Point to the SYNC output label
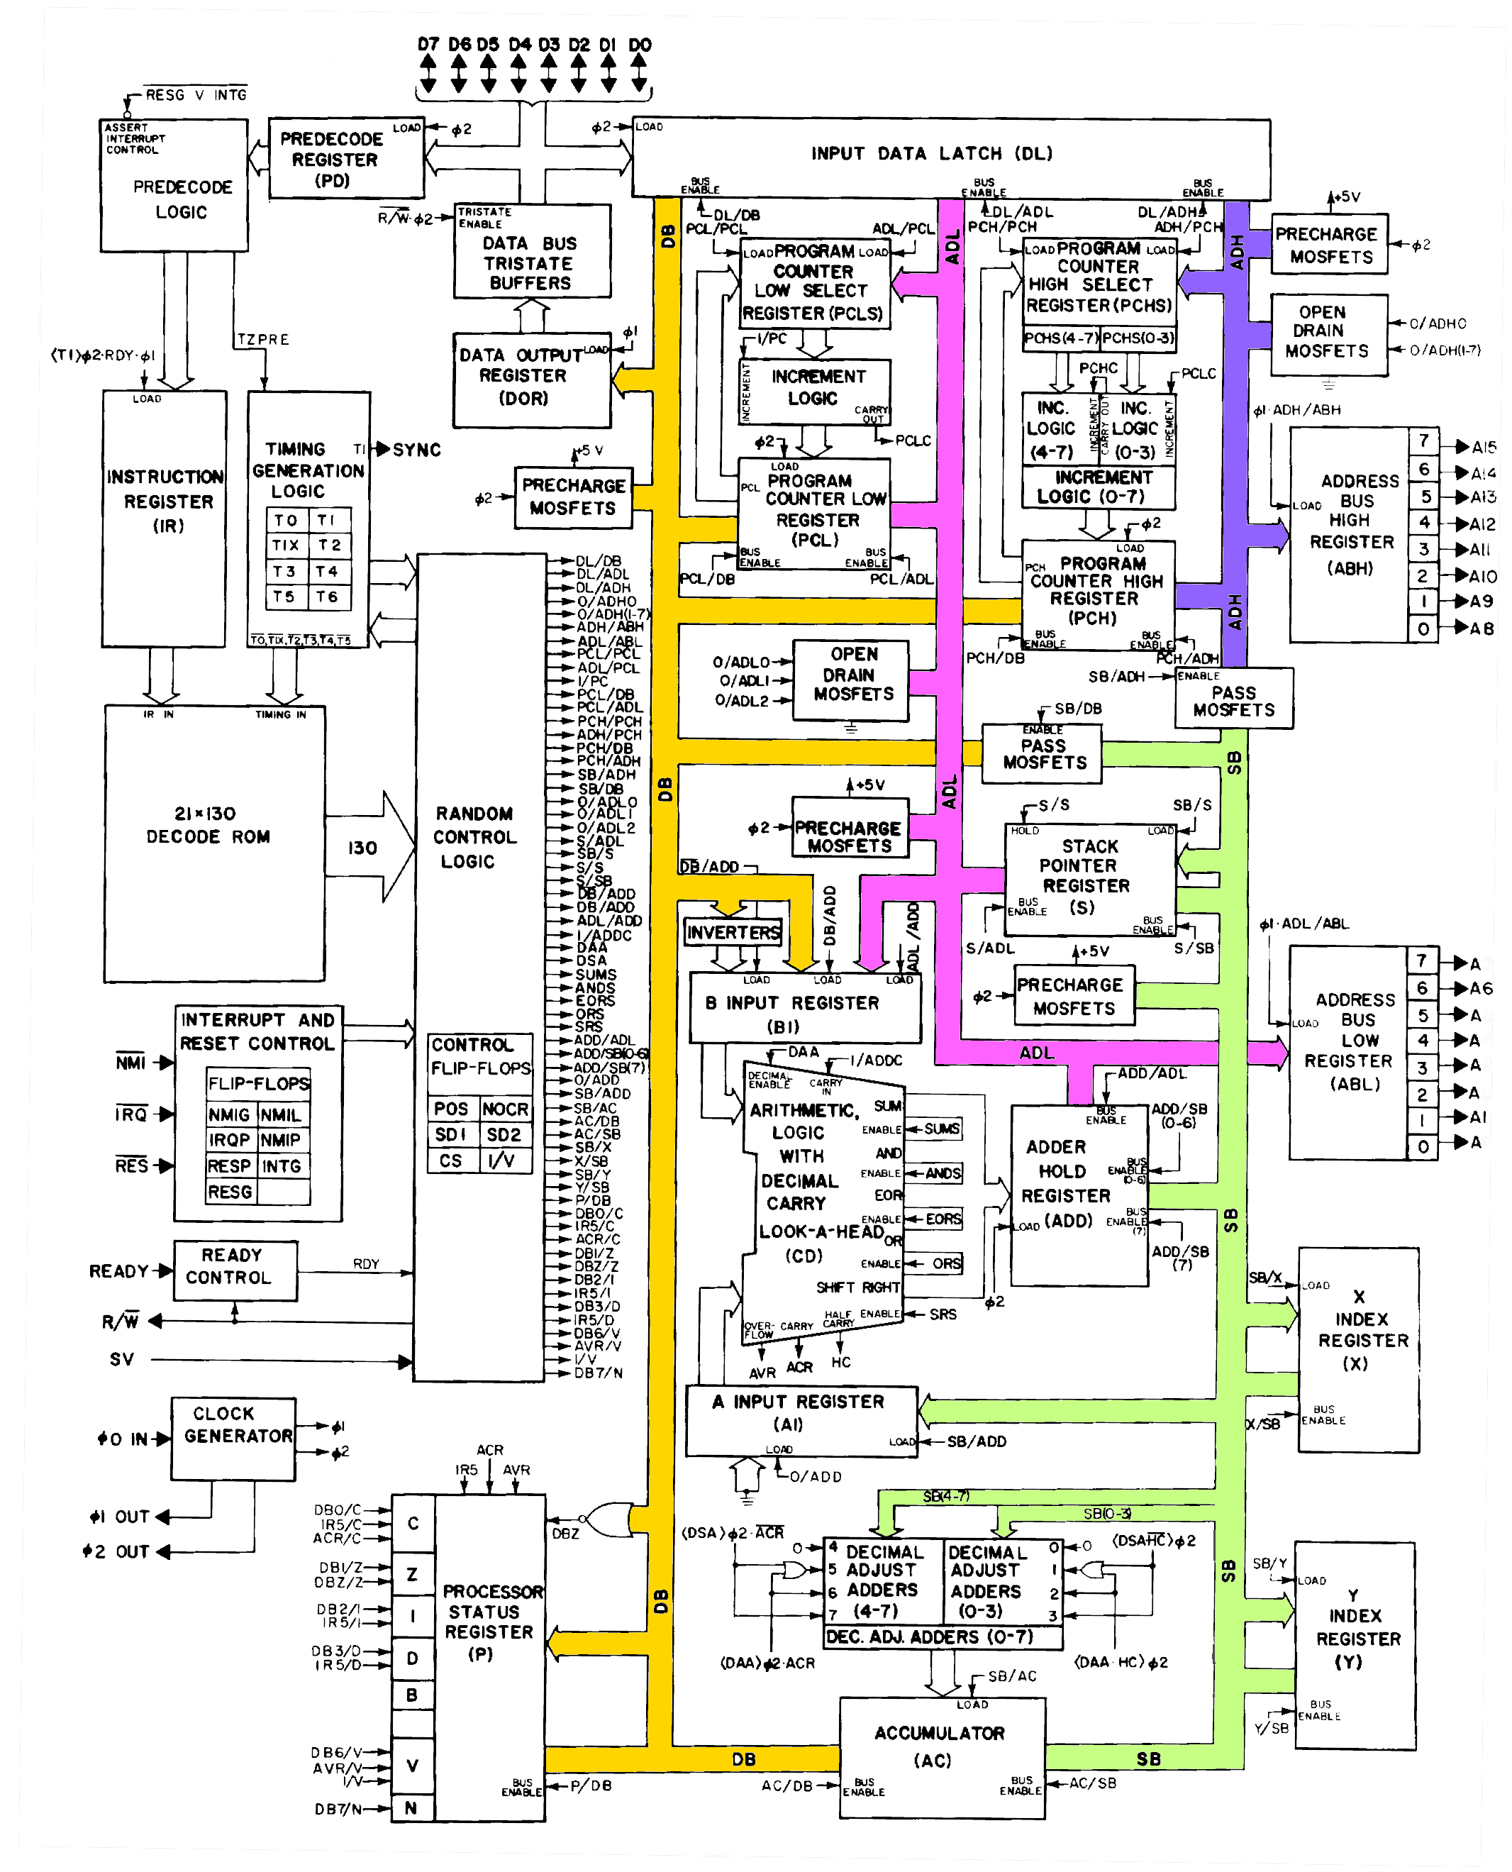[x=416, y=450]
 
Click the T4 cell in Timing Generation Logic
[x=327, y=572]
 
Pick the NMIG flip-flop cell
[x=229, y=1114]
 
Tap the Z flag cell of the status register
[x=413, y=1574]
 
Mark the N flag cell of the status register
[x=411, y=1807]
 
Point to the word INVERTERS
[x=733, y=932]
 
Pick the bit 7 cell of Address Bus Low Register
[x=1421, y=960]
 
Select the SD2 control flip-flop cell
[x=504, y=1135]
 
